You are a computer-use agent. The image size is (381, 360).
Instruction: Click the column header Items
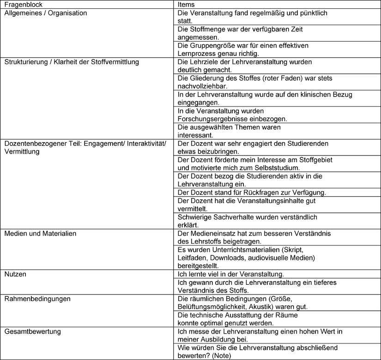click(x=186, y=4)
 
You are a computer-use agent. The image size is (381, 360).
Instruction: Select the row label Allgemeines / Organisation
click(x=46, y=13)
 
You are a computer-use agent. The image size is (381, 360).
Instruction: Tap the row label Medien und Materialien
click(x=40, y=234)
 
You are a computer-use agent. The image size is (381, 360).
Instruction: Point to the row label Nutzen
click(x=15, y=274)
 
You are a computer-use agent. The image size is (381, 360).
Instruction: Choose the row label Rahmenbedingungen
click(x=37, y=298)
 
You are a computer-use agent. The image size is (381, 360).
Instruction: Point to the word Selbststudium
click(x=279, y=168)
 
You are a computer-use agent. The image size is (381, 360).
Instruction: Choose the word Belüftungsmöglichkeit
click(x=214, y=306)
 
